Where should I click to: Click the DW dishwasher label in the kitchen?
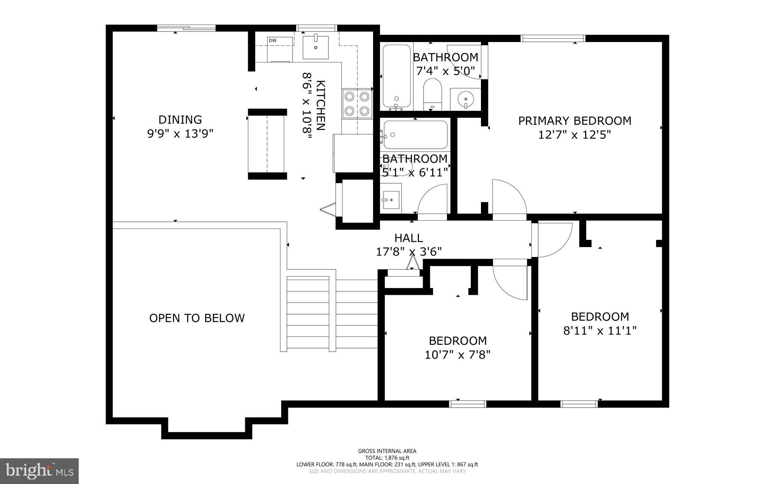pos(272,40)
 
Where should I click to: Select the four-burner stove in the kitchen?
pos(357,104)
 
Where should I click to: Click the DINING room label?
pos(180,120)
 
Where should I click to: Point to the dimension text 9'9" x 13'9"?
pos(180,134)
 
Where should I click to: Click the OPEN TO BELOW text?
pos(197,318)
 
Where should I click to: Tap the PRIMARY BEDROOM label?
pos(574,121)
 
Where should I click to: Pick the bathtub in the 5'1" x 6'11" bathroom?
pos(415,135)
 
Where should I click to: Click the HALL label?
pos(409,238)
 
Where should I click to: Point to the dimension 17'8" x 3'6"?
pos(409,252)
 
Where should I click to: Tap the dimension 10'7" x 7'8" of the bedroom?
pos(458,355)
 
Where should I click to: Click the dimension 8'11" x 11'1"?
pos(600,331)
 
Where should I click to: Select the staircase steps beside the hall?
pos(332,314)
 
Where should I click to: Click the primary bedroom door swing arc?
pos(509,197)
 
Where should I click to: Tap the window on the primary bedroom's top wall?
pos(553,38)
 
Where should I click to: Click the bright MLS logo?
pos(39,471)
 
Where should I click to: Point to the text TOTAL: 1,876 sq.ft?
pos(387,458)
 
